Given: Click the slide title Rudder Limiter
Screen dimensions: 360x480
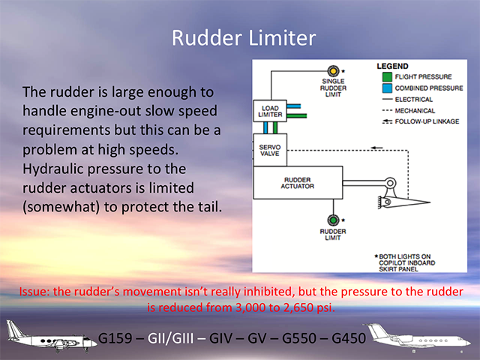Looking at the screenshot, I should click(240, 37).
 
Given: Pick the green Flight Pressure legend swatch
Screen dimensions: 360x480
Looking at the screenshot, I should click(385, 76).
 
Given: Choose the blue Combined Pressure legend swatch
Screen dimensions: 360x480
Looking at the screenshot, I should click(385, 87).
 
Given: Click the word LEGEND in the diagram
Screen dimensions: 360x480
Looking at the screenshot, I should click(394, 66).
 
